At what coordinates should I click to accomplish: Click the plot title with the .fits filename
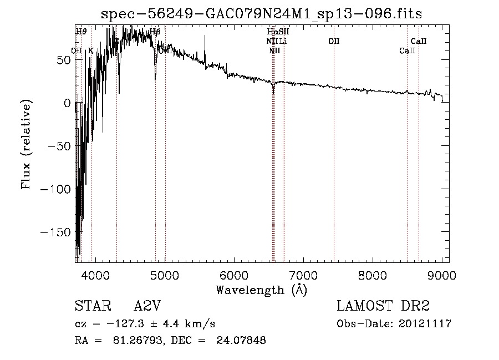pos(261,14)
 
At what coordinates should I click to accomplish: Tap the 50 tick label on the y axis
pos(62,60)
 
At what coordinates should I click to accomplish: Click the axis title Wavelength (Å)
pos(261,290)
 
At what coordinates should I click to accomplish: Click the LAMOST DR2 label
pos(383,306)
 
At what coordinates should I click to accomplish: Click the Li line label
pos(283,41)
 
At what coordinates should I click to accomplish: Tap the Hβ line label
pos(155,32)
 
